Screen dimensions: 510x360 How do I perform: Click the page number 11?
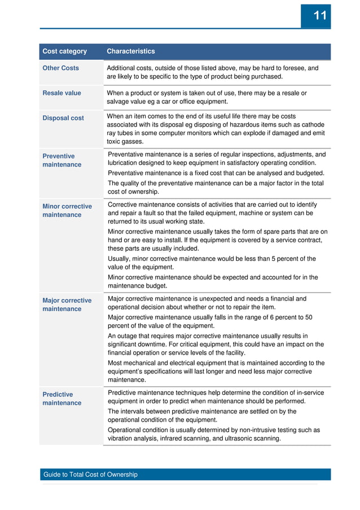pos(319,16)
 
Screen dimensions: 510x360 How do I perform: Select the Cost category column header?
pos(65,51)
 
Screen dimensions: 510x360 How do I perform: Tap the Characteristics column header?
pos(130,51)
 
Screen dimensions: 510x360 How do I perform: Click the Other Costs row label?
pos(61,68)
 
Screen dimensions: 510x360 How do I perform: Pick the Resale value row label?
pos(62,93)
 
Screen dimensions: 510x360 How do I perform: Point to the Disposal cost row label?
pos(63,118)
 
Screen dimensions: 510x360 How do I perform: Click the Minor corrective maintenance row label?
pos(67,211)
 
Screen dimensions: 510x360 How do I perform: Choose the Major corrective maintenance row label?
pos(67,304)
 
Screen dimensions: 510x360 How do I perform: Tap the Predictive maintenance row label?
pos(62,399)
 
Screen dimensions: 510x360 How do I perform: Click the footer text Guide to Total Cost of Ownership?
pos(90,474)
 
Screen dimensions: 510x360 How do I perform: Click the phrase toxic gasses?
pos(125,142)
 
